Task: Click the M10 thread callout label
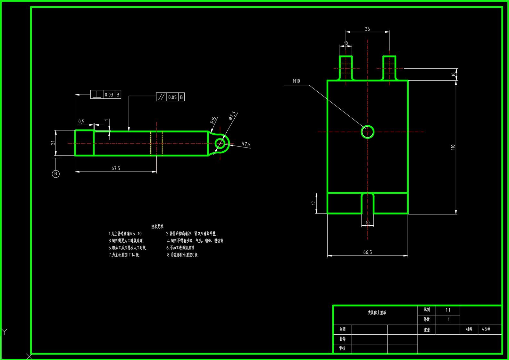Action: coord(296,81)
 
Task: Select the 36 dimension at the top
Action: coord(367,29)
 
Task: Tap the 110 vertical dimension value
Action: coord(453,147)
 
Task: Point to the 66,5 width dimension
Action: coord(367,252)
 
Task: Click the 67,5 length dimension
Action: coord(116,168)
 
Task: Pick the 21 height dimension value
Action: coord(53,143)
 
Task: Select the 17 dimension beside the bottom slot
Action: coord(313,203)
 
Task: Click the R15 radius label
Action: coord(213,120)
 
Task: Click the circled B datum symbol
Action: coord(55,174)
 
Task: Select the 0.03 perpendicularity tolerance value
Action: coord(109,95)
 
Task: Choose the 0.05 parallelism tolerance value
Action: coord(172,97)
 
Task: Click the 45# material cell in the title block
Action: coord(486,329)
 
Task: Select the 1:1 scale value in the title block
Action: coord(448,310)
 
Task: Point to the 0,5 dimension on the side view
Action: coord(81,121)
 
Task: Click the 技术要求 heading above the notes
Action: coord(157,226)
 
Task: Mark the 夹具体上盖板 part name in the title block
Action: coord(377,313)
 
